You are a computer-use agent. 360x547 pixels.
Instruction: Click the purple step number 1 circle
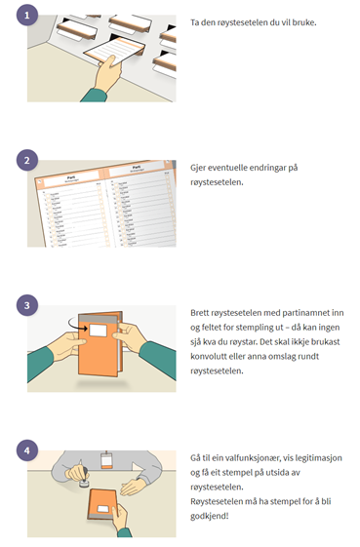[x=27, y=15]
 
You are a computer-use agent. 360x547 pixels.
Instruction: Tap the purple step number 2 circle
[x=27, y=160]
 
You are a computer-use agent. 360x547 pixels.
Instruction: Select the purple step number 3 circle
[x=27, y=305]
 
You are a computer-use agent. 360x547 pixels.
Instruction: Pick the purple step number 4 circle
[x=27, y=450]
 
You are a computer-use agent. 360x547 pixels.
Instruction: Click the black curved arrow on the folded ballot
[x=77, y=324]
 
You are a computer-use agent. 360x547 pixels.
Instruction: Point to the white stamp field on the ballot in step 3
[x=99, y=331]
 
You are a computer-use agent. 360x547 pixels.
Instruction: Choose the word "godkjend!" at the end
[x=210, y=517]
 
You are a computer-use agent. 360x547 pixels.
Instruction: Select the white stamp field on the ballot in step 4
[x=103, y=509]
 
